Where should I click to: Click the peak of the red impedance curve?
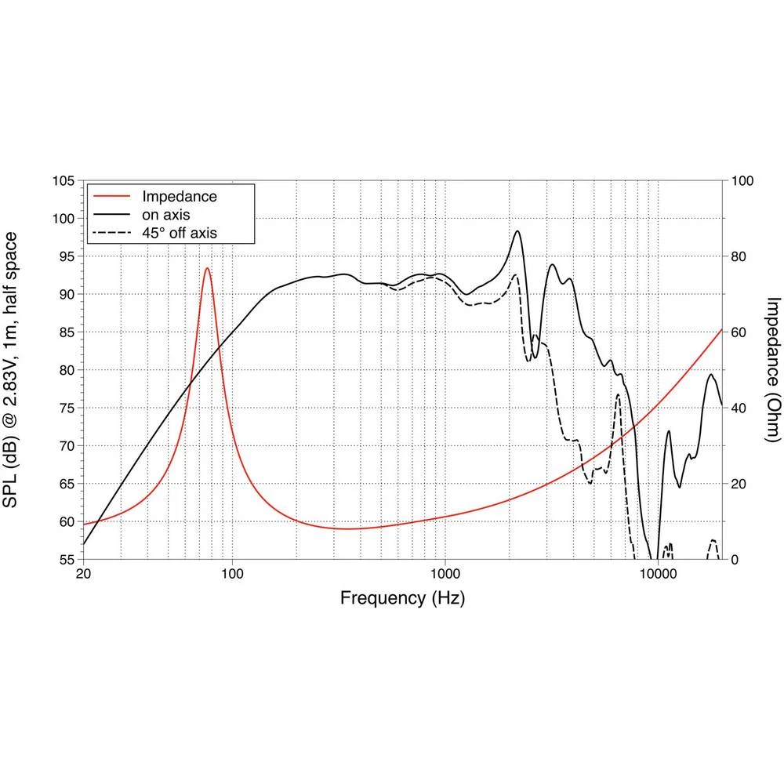(x=207, y=268)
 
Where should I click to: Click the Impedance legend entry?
(x=179, y=196)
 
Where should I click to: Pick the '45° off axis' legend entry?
(x=179, y=232)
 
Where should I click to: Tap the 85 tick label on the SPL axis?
(x=68, y=332)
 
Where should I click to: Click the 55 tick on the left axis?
(x=68, y=560)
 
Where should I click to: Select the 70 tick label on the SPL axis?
(x=68, y=446)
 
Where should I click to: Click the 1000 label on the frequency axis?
(x=445, y=575)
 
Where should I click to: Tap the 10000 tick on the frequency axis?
(x=657, y=575)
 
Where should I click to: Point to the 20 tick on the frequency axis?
(x=84, y=575)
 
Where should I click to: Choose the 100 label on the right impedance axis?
(x=742, y=181)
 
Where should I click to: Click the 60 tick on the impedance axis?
(x=739, y=332)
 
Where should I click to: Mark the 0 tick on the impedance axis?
(x=735, y=560)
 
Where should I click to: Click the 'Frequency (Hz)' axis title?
(x=402, y=599)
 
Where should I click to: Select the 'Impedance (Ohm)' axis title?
(x=773, y=369)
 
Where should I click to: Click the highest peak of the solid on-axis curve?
(x=517, y=231)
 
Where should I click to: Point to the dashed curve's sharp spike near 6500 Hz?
(x=619, y=394)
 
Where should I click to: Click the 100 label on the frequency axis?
(x=233, y=575)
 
